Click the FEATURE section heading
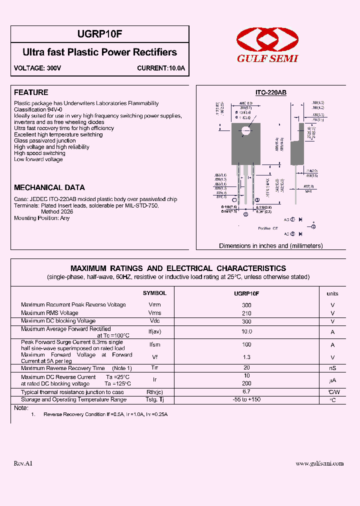(31, 92)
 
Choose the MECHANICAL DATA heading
(49, 187)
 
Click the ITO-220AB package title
(270, 93)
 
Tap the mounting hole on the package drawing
(245, 131)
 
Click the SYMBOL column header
(154, 293)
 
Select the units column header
(332, 294)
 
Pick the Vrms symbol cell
(154, 313)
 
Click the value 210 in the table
(246, 313)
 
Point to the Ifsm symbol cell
(154, 345)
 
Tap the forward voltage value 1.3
(246, 357)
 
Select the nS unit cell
(332, 368)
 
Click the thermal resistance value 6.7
(246, 391)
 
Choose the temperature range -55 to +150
(246, 399)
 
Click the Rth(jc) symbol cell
(154, 392)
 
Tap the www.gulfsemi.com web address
(319, 463)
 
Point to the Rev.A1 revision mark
(23, 463)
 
